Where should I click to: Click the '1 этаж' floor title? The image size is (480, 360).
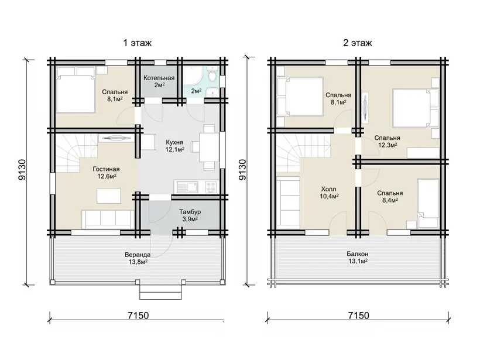[137, 43]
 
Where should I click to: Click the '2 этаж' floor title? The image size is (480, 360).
[357, 43]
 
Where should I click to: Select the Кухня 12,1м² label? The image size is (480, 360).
[175, 146]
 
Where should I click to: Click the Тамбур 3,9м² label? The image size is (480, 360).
[190, 215]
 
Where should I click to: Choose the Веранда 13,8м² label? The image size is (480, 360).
[138, 258]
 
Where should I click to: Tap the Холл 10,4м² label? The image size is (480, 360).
[329, 193]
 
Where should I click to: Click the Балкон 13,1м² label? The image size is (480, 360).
[357, 258]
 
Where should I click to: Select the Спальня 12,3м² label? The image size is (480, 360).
[387, 142]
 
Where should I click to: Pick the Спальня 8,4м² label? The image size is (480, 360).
[390, 197]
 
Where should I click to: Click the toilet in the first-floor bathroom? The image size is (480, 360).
[211, 74]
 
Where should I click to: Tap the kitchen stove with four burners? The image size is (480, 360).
[211, 187]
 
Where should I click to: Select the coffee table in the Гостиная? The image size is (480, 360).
[109, 196]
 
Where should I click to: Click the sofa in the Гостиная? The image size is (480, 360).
[108, 219]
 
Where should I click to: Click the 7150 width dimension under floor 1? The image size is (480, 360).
[138, 316]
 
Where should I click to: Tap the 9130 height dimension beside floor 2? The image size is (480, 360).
[242, 169]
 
